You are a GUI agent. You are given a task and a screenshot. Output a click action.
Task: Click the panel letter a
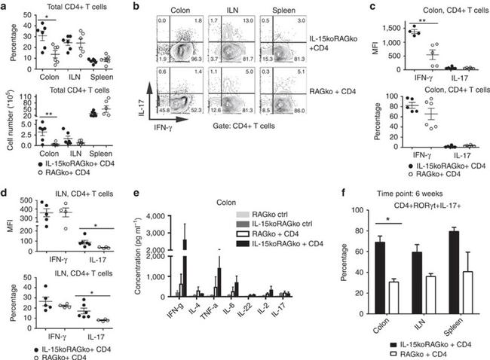5,5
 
